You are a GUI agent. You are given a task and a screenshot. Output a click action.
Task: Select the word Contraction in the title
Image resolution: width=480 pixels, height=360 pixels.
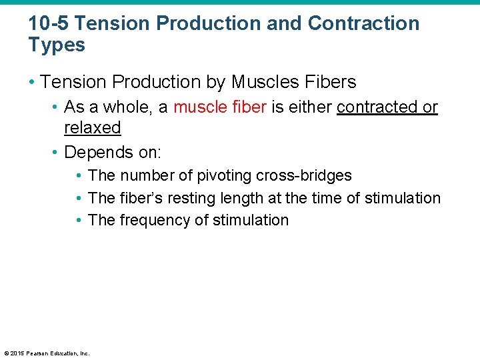[x=363, y=23]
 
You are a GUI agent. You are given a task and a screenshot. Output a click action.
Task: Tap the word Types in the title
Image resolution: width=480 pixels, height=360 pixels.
[x=57, y=45]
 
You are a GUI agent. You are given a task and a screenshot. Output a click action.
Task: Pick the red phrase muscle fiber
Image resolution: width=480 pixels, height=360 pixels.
[x=220, y=107]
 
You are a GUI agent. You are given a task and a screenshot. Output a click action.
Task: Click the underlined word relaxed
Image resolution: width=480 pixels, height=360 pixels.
[x=92, y=128]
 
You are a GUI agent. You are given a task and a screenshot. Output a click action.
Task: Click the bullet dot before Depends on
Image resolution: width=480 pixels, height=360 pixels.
[x=55, y=153]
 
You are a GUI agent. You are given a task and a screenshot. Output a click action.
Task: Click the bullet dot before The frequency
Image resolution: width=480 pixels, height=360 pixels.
[x=79, y=221]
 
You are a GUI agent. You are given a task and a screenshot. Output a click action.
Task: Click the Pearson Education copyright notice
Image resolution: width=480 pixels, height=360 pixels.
[x=47, y=353]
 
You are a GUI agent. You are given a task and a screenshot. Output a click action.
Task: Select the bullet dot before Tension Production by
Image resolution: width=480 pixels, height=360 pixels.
[x=31, y=83]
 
